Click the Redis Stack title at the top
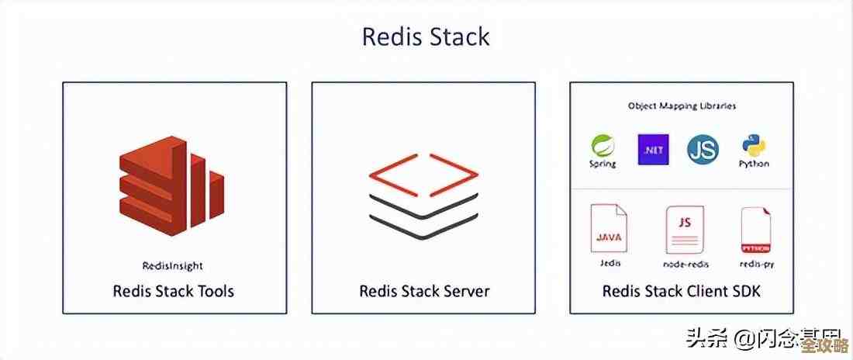[426, 36]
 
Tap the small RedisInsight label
[173, 265]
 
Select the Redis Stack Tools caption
[173, 292]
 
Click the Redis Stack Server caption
[424, 292]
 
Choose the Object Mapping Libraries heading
[682, 106]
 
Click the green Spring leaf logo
[603, 145]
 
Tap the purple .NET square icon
[653, 149]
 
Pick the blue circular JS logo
[703, 149]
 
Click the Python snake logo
[753, 145]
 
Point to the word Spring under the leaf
[603, 164]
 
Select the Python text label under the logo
[753, 164]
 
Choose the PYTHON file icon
[756, 230]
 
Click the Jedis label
[610, 263]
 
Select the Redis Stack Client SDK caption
[682, 292]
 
